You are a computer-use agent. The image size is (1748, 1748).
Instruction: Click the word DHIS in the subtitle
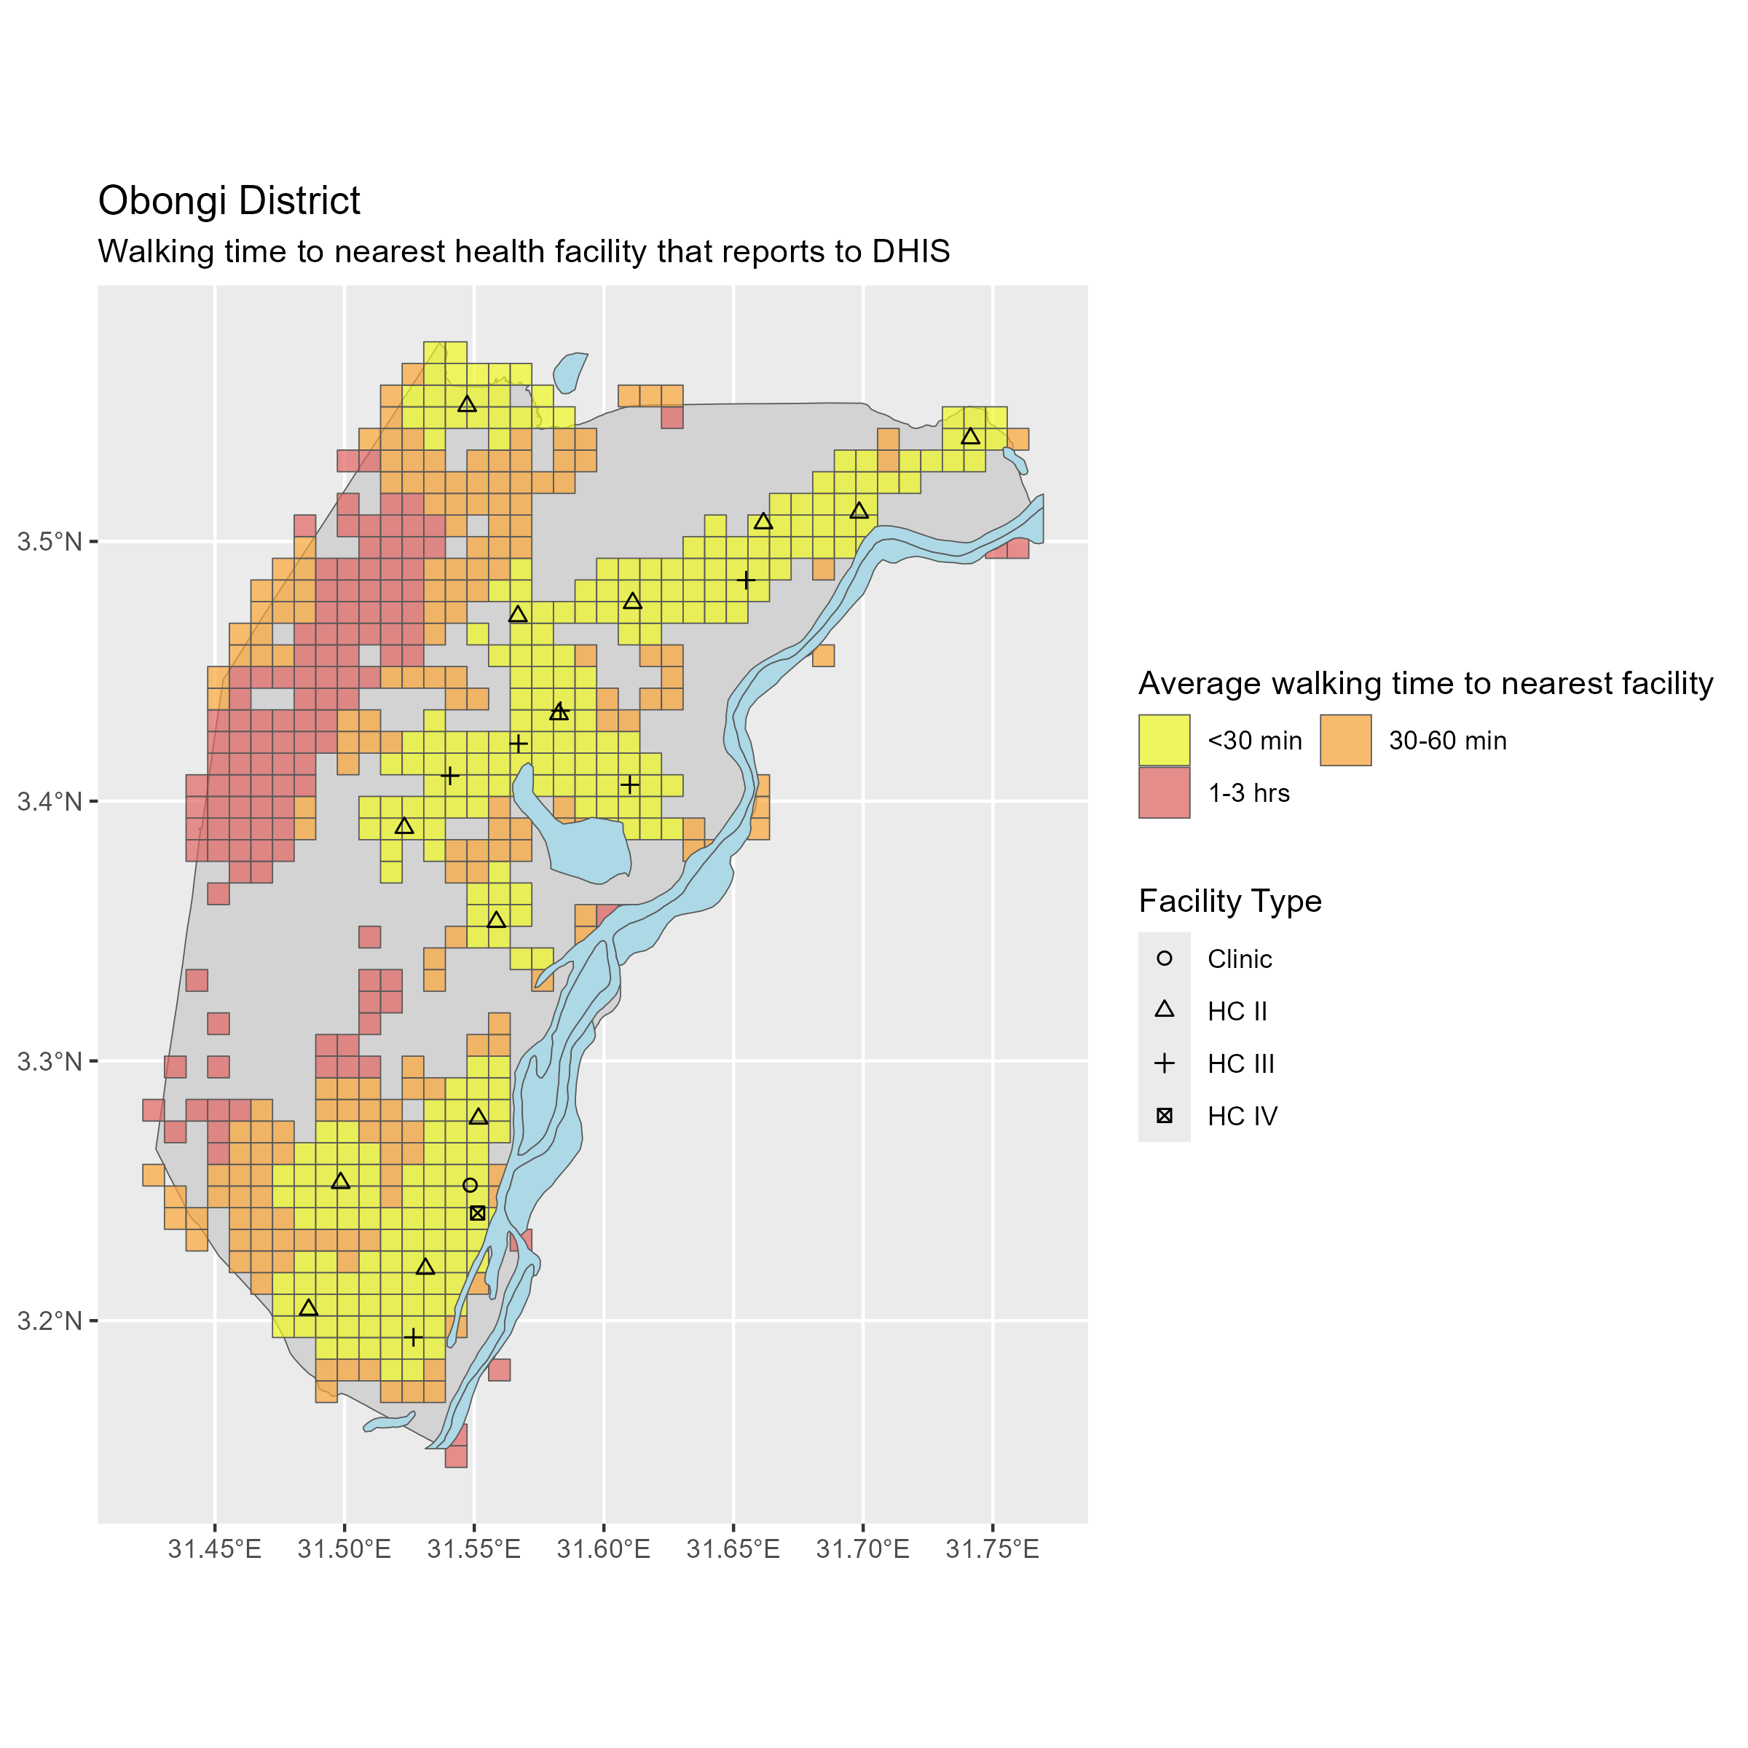[911, 251]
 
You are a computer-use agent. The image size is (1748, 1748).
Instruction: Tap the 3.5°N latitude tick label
[50, 542]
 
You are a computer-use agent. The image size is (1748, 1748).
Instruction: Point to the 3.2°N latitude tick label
[50, 1321]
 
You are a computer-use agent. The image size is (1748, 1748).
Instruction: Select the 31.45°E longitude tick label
[214, 1550]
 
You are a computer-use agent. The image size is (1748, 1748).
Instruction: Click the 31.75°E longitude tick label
[993, 1550]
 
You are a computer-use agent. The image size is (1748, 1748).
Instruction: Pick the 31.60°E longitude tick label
[604, 1550]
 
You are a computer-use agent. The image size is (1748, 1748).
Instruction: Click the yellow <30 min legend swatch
[1165, 740]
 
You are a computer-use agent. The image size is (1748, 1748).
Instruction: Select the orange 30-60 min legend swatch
[1345, 740]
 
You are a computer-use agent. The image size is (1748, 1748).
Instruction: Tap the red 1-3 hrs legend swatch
[1165, 792]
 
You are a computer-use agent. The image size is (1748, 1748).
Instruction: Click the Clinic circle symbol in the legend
[1165, 959]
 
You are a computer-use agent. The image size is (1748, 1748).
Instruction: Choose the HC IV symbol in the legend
[1165, 1117]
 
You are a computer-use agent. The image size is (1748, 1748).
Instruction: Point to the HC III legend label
[1240, 1064]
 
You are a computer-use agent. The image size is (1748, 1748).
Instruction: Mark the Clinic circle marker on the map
[470, 1185]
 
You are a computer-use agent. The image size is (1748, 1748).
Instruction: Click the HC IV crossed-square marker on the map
[478, 1213]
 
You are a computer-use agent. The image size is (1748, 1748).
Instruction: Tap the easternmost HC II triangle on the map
[971, 437]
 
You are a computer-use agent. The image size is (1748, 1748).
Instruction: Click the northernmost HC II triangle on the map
[467, 404]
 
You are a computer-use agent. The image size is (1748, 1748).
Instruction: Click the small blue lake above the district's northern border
[570, 371]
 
